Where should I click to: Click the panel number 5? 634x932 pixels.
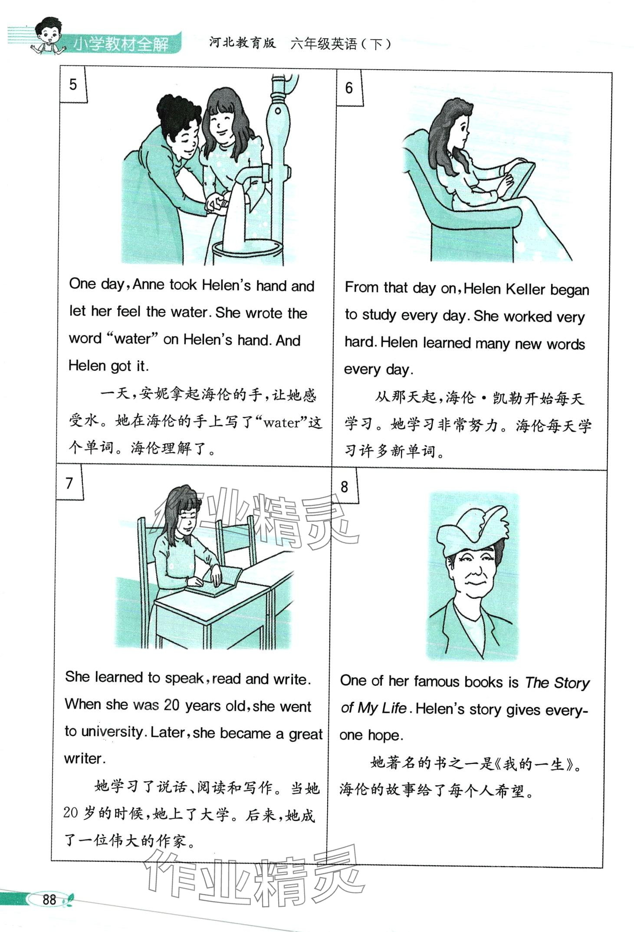point(73,84)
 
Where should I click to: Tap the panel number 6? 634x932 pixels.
point(349,88)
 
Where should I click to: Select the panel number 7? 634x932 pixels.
point(69,483)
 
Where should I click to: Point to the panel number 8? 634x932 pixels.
point(344,487)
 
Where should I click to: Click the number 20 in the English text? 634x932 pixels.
point(171,705)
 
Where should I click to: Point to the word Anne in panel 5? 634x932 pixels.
point(149,285)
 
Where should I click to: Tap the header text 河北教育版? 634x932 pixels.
point(242,43)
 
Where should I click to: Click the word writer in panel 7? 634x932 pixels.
point(85,759)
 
